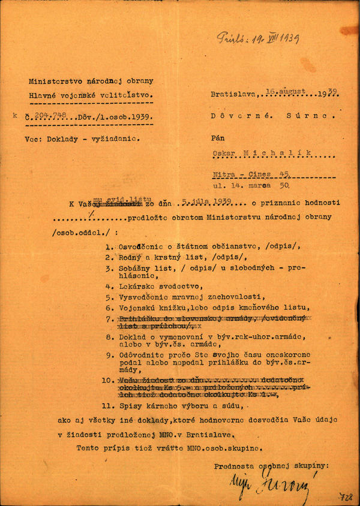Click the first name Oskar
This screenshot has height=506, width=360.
click(223, 153)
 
